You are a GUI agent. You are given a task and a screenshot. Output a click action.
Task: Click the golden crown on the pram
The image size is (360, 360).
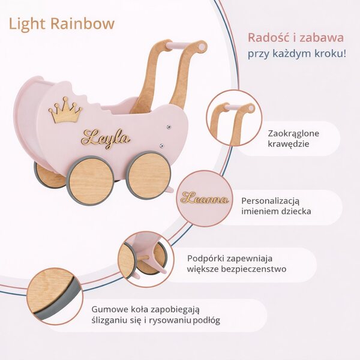[x=65, y=110]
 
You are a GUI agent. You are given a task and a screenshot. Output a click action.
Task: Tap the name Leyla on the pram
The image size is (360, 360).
[x=106, y=138]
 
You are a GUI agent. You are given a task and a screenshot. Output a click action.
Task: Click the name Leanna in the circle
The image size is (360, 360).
[x=205, y=198]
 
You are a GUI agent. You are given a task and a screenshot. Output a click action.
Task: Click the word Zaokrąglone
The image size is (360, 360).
[x=293, y=134]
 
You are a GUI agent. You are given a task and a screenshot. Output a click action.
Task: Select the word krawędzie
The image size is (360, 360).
[x=289, y=144]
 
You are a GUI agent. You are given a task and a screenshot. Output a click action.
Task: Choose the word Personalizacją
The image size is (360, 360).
[x=271, y=201]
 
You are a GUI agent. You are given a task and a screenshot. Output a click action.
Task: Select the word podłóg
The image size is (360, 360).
[x=206, y=320]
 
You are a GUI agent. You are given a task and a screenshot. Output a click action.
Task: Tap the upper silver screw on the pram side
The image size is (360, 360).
[x=169, y=126]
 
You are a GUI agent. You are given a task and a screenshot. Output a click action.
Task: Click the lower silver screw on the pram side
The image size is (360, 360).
[x=161, y=146]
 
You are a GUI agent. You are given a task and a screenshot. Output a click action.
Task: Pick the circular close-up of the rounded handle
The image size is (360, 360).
[x=234, y=118]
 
